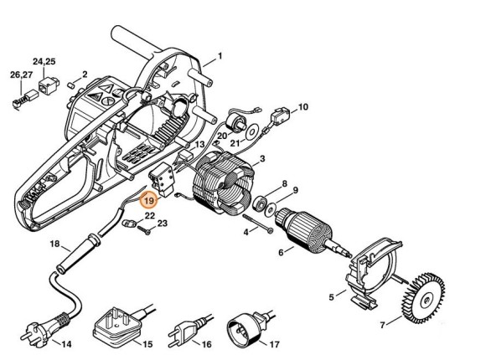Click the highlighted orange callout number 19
pyautogui.click(x=149, y=201)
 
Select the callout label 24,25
pyautogui.click(x=44, y=62)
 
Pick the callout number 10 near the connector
pyautogui.click(x=303, y=107)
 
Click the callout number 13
pyautogui.click(x=199, y=144)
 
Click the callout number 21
pyautogui.click(x=224, y=143)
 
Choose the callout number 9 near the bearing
pyautogui.click(x=295, y=191)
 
